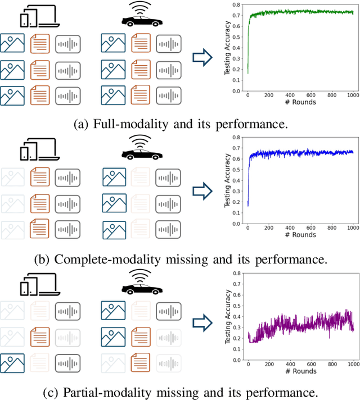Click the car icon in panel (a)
pos(142,21)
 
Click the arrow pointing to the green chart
pos(201,57)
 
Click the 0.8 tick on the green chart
pos(238,6)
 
